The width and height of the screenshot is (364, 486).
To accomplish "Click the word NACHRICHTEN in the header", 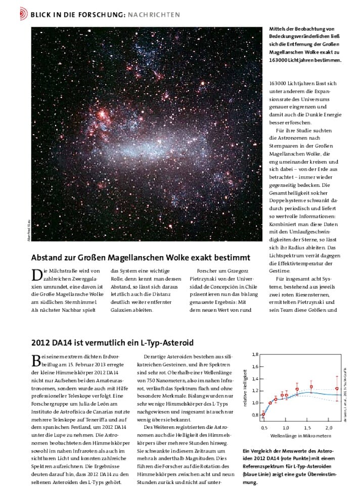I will pyautogui.click(x=155, y=15).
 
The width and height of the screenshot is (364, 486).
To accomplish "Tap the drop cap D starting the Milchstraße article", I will pyautogui.click(x=36, y=275).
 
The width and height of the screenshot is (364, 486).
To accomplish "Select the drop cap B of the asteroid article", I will pyautogui.click(x=36, y=360).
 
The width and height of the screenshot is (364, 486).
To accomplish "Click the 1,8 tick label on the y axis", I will pyautogui.click(x=255, y=354).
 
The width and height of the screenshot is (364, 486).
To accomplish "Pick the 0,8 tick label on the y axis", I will pyautogui.click(x=255, y=415).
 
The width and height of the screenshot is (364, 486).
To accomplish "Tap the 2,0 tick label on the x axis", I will pyautogui.click(x=329, y=427).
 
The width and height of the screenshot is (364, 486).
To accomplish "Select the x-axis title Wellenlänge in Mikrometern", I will pyautogui.click(x=300, y=435).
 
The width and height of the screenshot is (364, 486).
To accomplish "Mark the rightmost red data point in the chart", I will pyautogui.click(x=337, y=389).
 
